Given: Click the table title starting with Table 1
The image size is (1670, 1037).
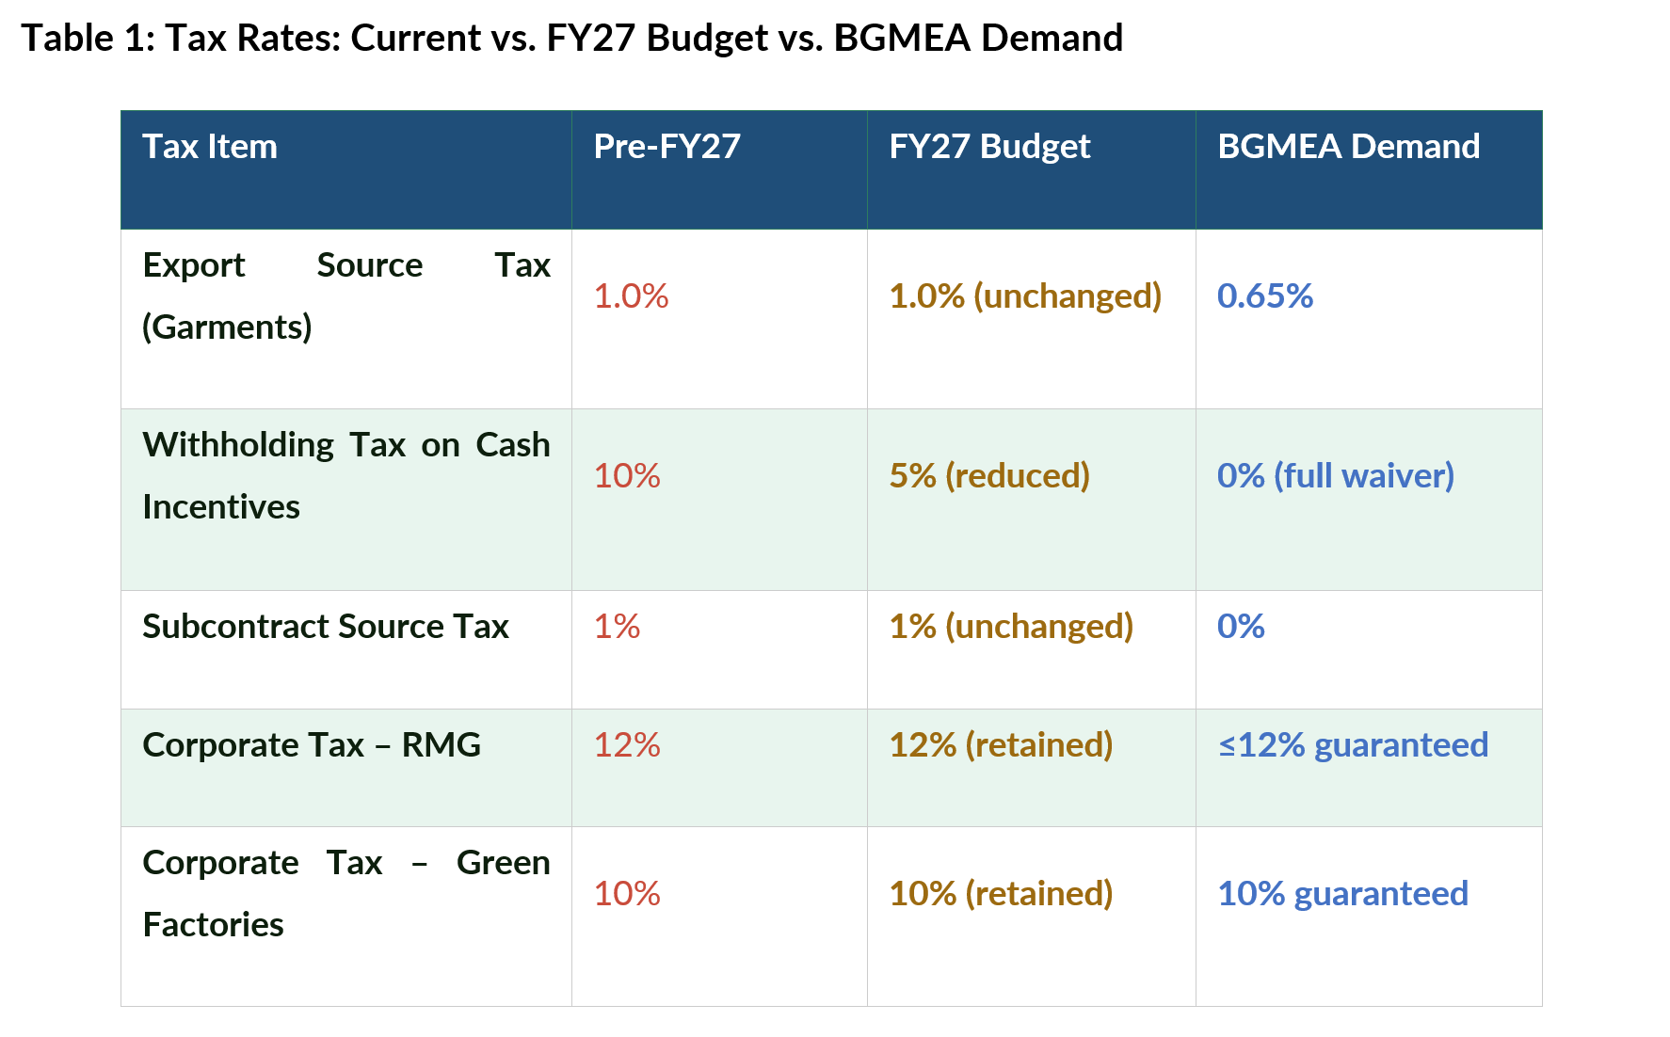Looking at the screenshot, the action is click(572, 39).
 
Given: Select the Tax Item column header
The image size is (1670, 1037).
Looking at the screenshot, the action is click(210, 147).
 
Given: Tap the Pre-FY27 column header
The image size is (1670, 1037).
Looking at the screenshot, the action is click(666, 147).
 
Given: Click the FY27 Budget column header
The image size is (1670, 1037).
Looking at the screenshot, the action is click(989, 147).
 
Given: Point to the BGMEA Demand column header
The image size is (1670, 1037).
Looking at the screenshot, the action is click(1348, 147).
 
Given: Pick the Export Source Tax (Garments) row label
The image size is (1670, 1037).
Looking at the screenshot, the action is click(346, 296).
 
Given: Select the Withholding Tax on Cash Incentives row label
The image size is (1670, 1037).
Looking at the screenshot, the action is click(346, 475).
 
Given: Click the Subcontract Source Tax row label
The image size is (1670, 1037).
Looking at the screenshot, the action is click(326, 627).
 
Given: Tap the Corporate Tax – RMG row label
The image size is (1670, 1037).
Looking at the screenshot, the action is click(312, 745).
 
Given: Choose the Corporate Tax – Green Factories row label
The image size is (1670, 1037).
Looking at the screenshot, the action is click(346, 893).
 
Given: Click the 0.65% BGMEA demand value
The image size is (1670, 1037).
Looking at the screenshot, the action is click(1265, 296).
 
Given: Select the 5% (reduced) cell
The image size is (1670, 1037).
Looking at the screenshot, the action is click(989, 476).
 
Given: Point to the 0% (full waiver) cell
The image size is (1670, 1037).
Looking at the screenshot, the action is click(1336, 476).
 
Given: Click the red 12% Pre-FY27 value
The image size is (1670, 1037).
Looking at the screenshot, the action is click(627, 745).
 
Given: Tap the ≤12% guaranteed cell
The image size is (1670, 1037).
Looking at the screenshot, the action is click(1354, 745).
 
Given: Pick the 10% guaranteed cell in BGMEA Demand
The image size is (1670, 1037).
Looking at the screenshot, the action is click(1343, 894).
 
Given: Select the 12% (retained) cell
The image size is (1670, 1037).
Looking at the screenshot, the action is click(1001, 745).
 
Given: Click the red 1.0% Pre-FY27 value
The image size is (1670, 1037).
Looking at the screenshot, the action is click(631, 296).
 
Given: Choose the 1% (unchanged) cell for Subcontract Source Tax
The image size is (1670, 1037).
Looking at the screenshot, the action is click(1011, 627).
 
